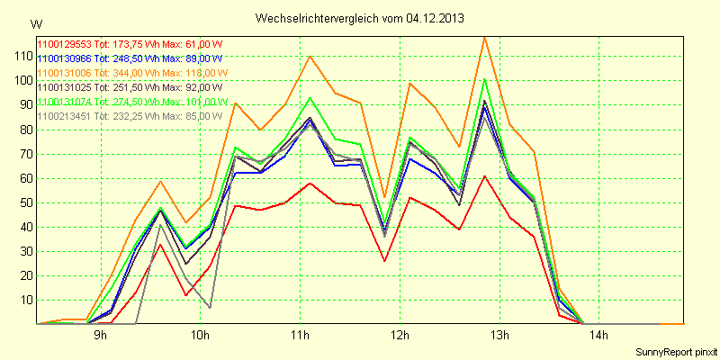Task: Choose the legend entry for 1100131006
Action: tap(130, 72)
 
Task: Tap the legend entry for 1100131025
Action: tap(128, 87)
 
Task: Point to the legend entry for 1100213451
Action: tap(128, 116)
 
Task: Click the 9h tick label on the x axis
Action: tap(101, 337)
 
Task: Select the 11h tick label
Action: tap(301, 337)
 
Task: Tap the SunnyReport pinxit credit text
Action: tap(673, 352)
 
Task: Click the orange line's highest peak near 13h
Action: tap(485, 37)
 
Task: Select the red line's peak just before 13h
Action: tap(485, 175)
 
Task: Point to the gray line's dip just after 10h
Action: tap(211, 308)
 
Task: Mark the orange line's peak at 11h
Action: tap(310, 56)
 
